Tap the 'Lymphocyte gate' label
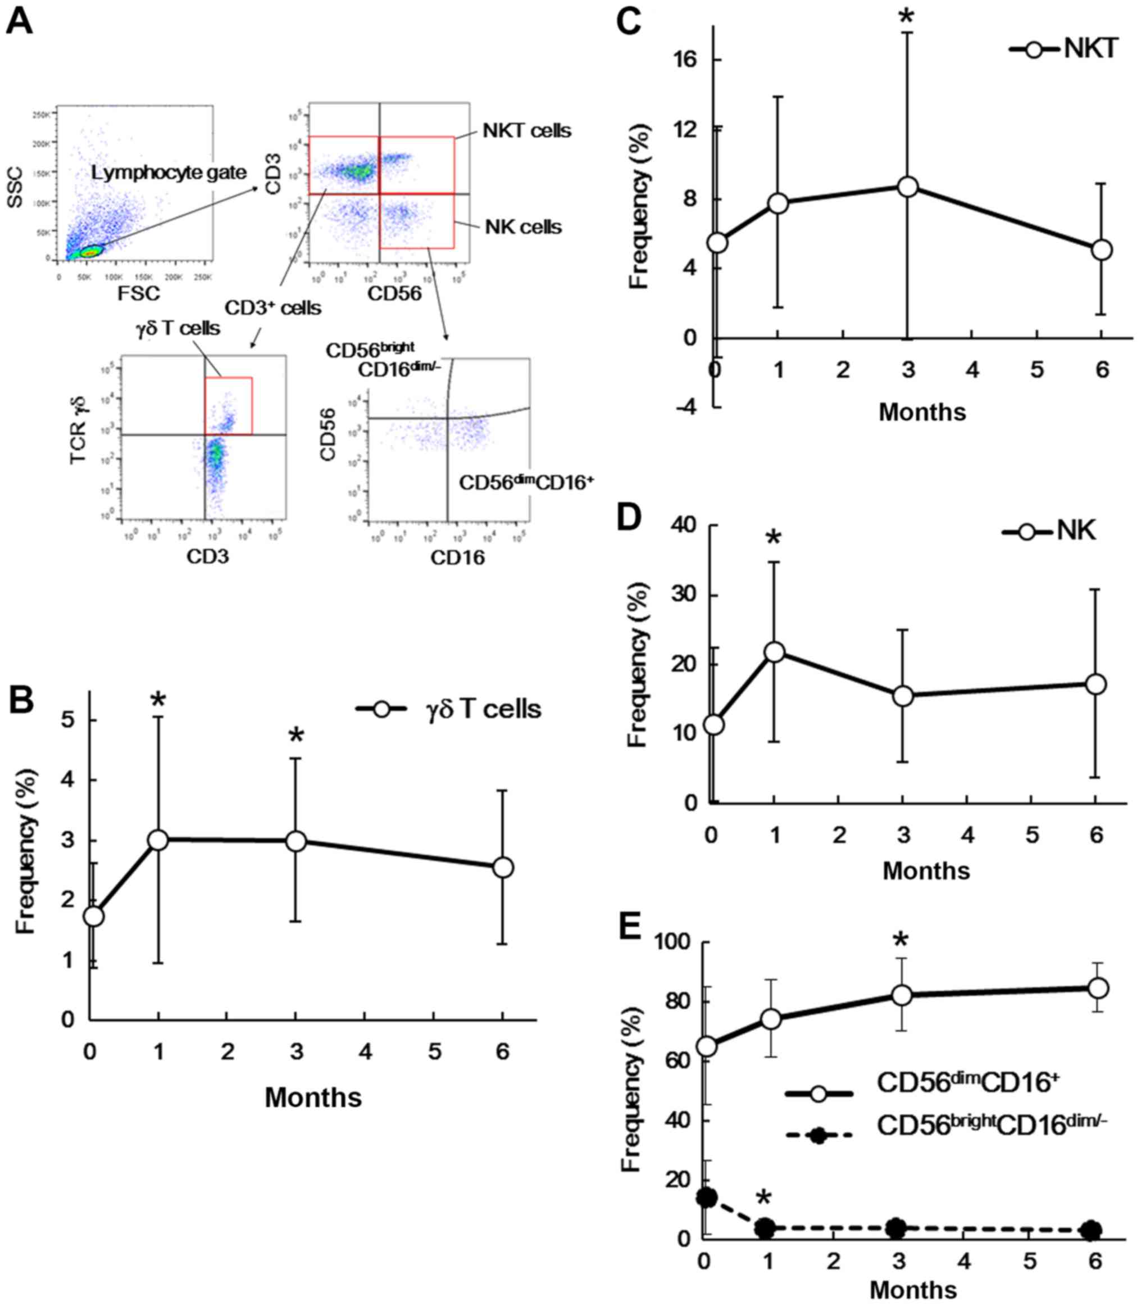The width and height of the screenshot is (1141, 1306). pyautogui.click(x=168, y=172)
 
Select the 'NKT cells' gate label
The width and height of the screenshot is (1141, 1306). pyautogui.click(x=526, y=131)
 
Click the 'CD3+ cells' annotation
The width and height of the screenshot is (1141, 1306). pyautogui.click(x=272, y=307)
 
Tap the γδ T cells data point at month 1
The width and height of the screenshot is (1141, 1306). pyautogui.click(x=158, y=840)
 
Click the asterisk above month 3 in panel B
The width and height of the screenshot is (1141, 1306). pyautogui.click(x=296, y=737)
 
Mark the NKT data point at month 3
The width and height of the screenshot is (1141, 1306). pyautogui.click(x=907, y=187)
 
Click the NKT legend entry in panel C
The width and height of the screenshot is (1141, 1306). pyautogui.click(x=1064, y=49)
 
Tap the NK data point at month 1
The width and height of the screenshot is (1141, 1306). pyautogui.click(x=774, y=651)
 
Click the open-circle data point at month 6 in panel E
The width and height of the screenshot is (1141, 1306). pyautogui.click(x=1098, y=988)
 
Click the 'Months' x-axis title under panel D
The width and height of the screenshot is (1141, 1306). pyautogui.click(x=926, y=870)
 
